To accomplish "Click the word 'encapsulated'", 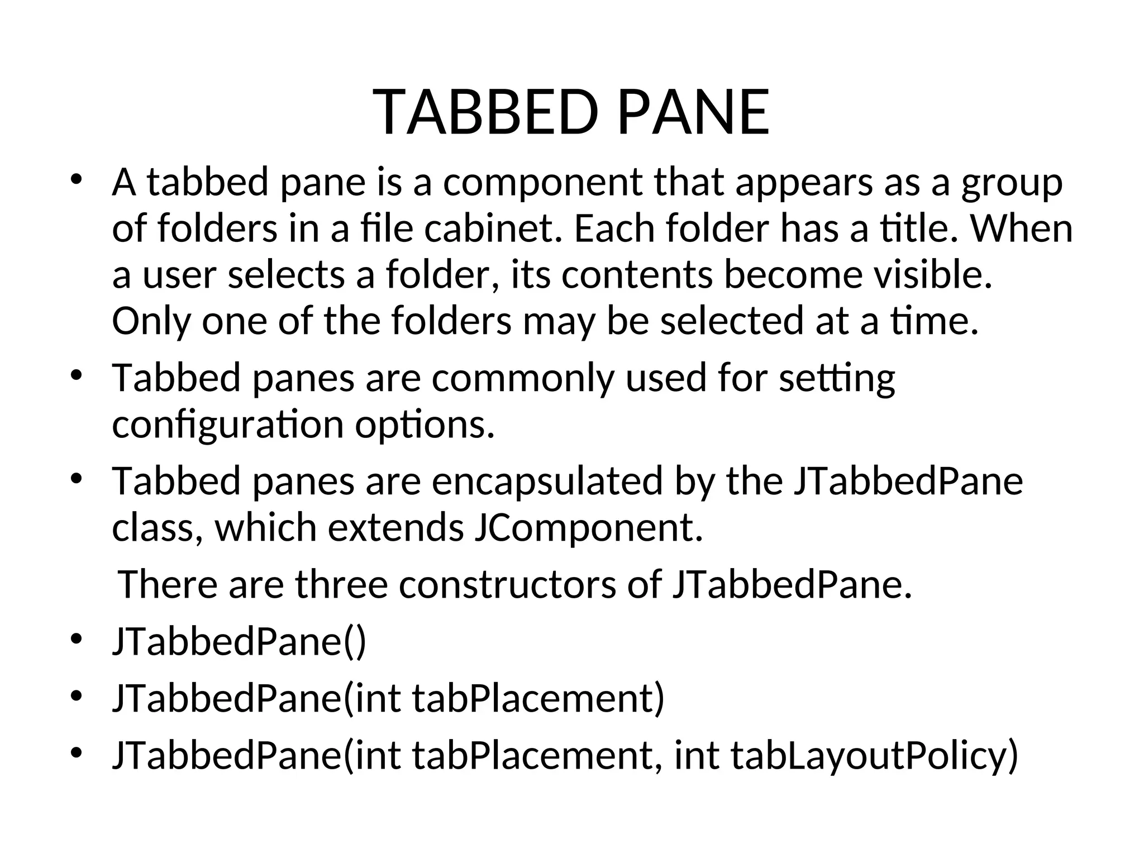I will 547,481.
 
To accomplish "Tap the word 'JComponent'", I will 588,527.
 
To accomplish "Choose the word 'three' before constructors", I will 341,584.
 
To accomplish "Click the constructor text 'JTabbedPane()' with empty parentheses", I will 239,641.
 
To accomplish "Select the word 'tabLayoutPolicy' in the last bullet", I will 874,755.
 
